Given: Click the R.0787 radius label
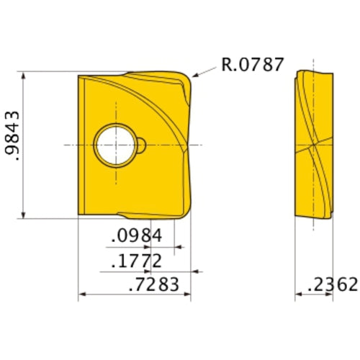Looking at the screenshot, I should click(x=252, y=65).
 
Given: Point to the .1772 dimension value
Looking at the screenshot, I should click(x=136, y=261).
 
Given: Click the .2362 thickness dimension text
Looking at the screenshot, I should click(x=332, y=284).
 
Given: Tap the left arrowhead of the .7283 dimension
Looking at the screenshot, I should click(x=81, y=294).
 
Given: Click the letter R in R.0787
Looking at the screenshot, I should click(x=226, y=65).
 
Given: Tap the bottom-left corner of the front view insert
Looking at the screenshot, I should click(x=78, y=214).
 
